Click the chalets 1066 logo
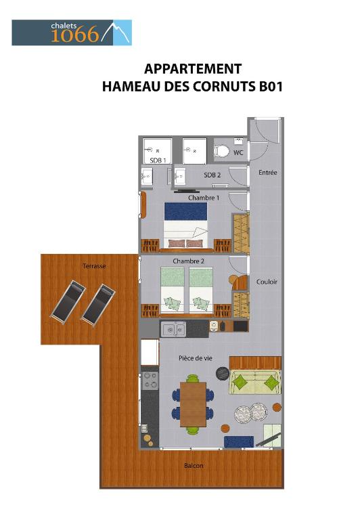tap(72, 32)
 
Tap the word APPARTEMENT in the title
tap(193, 69)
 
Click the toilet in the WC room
tap(222, 151)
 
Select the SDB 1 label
tap(158, 160)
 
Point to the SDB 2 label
tap(212, 175)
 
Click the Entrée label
tap(268, 173)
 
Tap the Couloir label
tap(267, 282)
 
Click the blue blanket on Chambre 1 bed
tap(185, 211)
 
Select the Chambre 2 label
tap(188, 261)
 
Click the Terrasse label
tap(94, 266)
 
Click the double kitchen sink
tap(173, 329)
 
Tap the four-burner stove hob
tap(150, 381)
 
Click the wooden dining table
tap(194, 404)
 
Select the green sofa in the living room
tap(255, 382)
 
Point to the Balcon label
tap(194, 466)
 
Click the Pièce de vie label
tap(196, 358)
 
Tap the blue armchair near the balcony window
tap(239, 442)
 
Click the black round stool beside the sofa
tap(223, 373)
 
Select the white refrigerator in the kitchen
tap(150, 352)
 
